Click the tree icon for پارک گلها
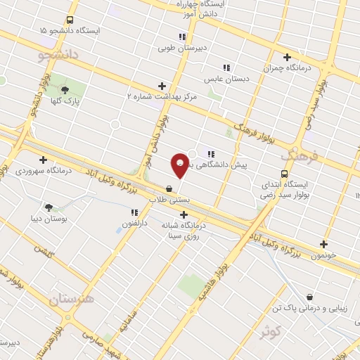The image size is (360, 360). pyautogui.click(x=65, y=90)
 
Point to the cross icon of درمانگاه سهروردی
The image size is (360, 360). pyautogui.click(x=44, y=160)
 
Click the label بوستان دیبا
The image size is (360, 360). pyautogui.click(x=49, y=219)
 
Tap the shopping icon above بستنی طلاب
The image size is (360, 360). pyautogui.click(x=169, y=188)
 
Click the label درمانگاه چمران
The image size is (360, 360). pyautogui.click(x=286, y=69)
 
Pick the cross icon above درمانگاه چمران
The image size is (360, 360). pyautogui.click(x=286, y=57)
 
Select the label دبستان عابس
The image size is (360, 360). pyautogui.click(x=227, y=79)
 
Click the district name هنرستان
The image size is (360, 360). pyautogui.click(x=71, y=300)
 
